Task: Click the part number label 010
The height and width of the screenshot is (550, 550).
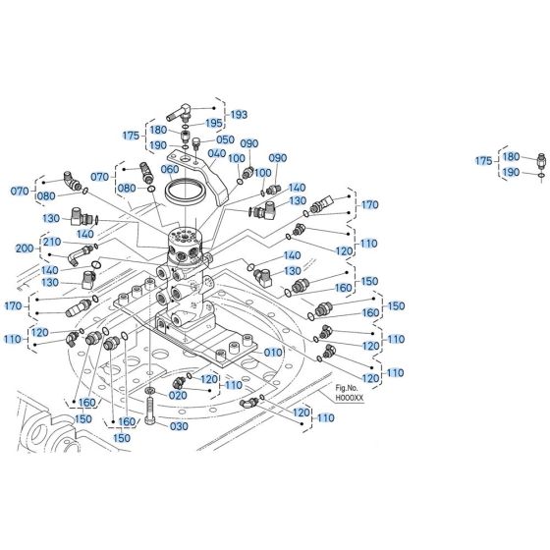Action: tap(273, 353)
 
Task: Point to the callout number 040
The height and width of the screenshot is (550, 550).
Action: tap(216, 153)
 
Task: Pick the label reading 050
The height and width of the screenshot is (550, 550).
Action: tap(225, 139)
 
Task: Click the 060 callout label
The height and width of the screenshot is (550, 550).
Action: tap(171, 169)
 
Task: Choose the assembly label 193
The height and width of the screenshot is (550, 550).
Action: tap(239, 115)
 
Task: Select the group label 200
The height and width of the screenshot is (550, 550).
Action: tap(26, 249)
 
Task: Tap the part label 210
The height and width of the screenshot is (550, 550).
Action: tap(51, 242)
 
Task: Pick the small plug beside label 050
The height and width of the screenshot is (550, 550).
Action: tap(195, 142)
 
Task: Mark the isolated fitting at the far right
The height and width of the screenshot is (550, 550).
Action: tap(539, 160)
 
